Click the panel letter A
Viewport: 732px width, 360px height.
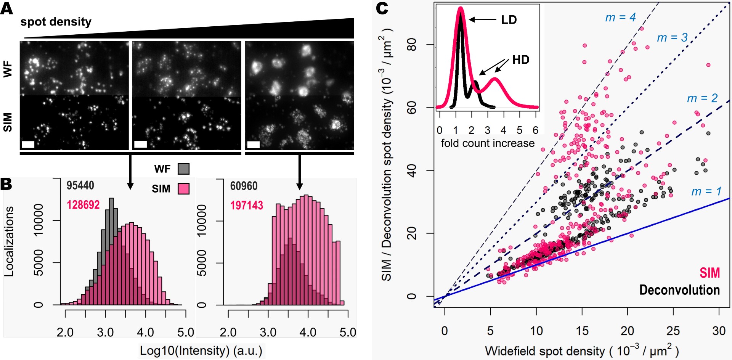[x=6, y=8]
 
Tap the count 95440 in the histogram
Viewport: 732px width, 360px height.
[x=80, y=186]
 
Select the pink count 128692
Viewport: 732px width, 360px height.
[x=83, y=205]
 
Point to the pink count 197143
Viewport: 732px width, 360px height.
[x=247, y=206]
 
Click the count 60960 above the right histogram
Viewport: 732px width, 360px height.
[x=244, y=186]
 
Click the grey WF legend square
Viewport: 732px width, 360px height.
[x=183, y=169]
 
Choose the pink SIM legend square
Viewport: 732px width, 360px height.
[x=183, y=189]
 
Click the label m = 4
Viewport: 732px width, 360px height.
[x=620, y=18]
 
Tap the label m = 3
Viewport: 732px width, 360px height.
[x=672, y=38]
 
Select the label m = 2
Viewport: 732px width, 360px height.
[x=702, y=98]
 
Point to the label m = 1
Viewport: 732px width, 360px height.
[x=706, y=191]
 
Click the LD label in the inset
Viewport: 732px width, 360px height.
[x=509, y=20]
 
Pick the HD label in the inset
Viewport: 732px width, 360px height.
[x=520, y=60]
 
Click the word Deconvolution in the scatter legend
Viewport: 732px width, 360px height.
[x=679, y=290]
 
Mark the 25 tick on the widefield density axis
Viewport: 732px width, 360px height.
[x=673, y=331]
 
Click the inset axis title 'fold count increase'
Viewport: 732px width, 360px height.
[x=488, y=143]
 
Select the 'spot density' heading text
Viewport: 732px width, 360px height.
[x=56, y=22]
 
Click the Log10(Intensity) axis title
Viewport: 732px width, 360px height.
[x=201, y=351]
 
